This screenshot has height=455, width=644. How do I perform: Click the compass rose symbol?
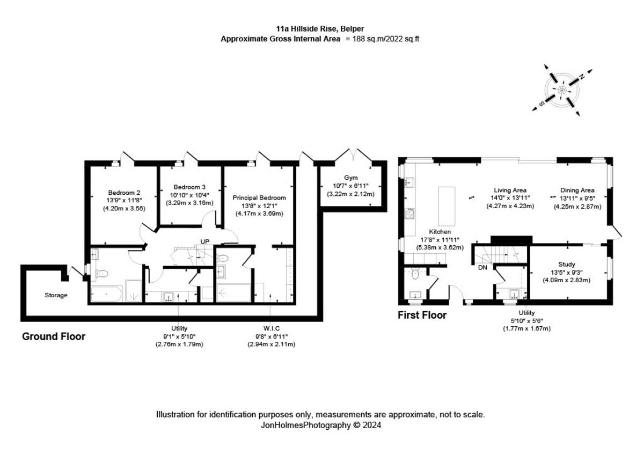click(x=562, y=90)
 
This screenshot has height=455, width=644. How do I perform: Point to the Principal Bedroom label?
click(x=259, y=198)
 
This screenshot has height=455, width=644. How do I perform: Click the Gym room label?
click(x=351, y=178)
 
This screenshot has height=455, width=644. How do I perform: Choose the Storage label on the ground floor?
click(x=56, y=295)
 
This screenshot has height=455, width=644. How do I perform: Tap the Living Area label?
click(x=510, y=190)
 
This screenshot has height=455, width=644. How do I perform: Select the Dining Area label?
click(x=577, y=190)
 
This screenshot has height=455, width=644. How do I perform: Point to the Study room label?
click(x=567, y=265)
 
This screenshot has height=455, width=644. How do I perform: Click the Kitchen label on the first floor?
click(x=440, y=232)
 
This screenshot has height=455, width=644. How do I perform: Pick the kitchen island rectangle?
click(x=447, y=206)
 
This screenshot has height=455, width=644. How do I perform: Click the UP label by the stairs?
click(x=204, y=242)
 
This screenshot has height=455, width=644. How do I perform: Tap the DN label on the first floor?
click(x=482, y=267)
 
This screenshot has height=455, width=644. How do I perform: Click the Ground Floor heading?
click(x=54, y=337)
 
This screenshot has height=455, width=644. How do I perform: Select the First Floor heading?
click(x=422, y=315)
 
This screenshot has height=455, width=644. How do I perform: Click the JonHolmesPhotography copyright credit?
click(x=320, y=425)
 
